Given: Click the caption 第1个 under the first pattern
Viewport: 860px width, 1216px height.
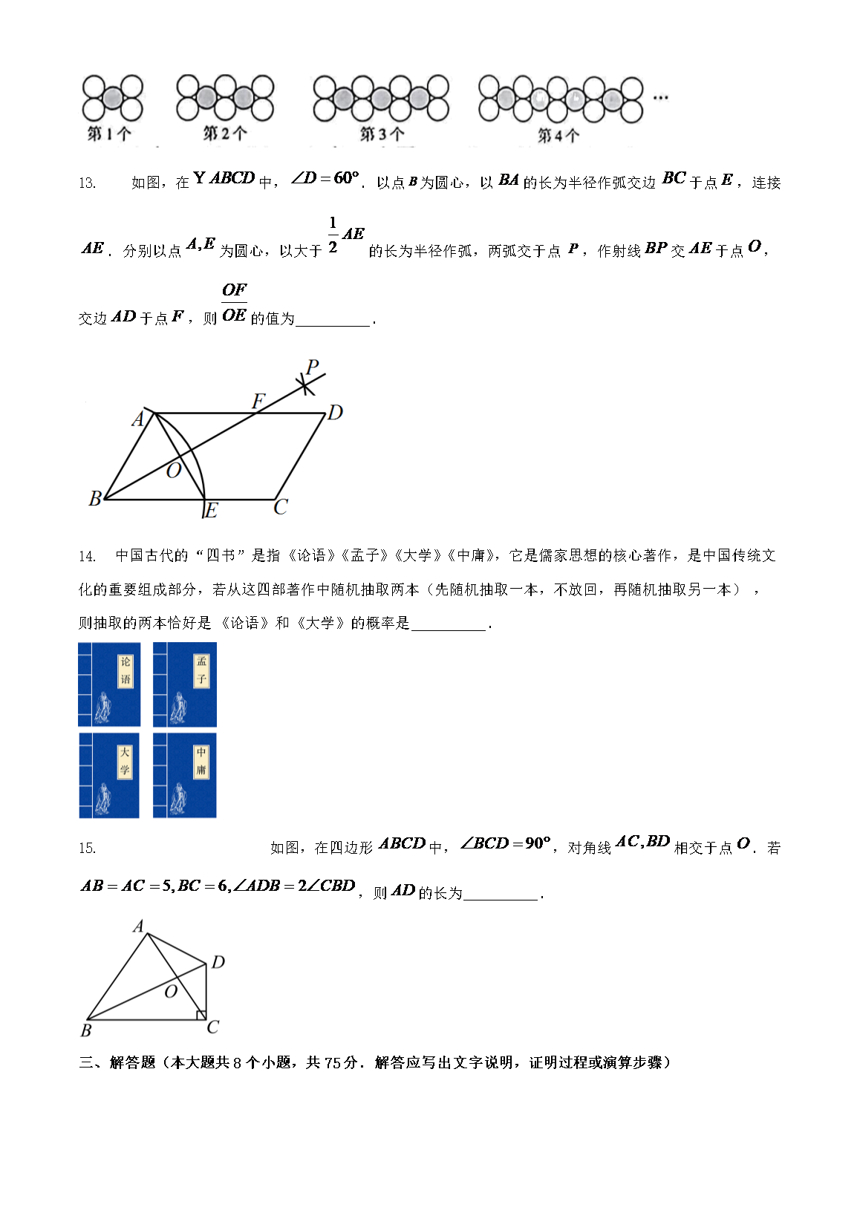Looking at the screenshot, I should tap(109, 134).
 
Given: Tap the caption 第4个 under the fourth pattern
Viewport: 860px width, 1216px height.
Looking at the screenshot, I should tap(558, 136).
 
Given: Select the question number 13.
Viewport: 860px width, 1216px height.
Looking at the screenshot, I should tap(87, 183).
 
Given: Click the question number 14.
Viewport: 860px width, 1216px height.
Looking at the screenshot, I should tap(87, 556).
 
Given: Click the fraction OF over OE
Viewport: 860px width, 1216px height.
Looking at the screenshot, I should tap(234, 303).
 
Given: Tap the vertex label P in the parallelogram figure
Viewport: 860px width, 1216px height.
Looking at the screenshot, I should tap(312, 367).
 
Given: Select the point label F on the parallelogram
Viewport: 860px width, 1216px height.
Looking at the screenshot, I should tap(258, 402).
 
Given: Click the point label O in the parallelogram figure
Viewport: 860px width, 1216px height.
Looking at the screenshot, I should tap(173, 471).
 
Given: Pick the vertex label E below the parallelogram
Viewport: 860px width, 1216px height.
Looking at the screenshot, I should tap(211, 511).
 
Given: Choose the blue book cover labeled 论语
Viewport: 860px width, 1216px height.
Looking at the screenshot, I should tap(109, 684).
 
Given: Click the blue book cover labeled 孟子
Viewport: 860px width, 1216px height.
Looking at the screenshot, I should tap(185, 684).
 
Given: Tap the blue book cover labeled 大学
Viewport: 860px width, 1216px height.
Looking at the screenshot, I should tap(109, 776).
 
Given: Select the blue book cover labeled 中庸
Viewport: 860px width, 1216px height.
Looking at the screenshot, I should tap(185, 776).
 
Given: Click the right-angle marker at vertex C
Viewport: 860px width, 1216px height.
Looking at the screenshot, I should tap(201, 1015).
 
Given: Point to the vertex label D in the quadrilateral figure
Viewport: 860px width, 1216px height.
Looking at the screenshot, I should tap(218, 962).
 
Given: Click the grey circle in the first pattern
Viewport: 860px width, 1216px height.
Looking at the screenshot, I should tap(112, 98).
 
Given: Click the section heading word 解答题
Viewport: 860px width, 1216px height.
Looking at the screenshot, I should tap(132, 1063).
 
